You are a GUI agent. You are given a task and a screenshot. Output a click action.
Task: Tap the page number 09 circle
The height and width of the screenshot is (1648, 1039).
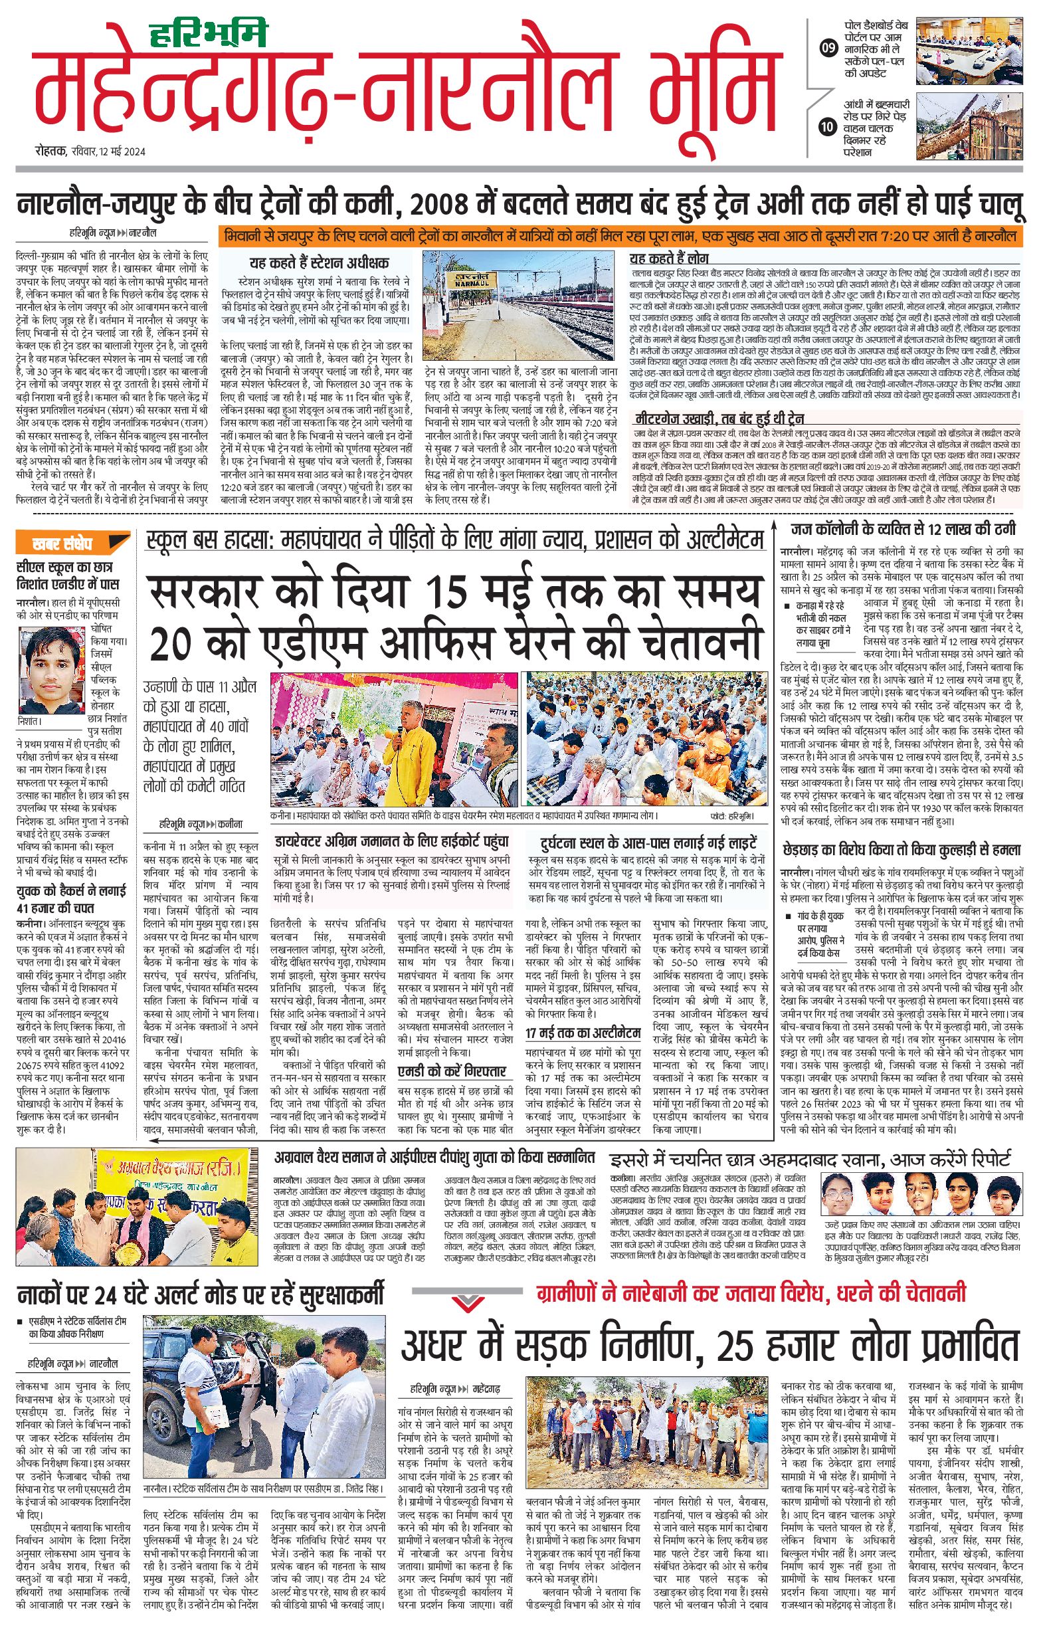point(828,48)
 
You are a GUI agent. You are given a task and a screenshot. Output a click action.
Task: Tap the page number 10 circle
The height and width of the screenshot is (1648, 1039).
point(828,127)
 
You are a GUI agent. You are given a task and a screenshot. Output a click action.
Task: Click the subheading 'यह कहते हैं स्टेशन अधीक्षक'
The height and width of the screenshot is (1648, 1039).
point(320,262)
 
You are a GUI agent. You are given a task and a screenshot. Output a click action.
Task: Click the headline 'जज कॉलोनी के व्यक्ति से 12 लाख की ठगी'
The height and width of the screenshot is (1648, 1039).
point(903,529)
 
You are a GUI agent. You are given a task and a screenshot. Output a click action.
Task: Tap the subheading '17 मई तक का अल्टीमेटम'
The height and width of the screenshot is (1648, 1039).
point(582,1033)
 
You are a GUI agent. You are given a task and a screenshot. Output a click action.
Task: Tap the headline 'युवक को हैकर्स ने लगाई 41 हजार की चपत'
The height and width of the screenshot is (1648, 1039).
point(71,900)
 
